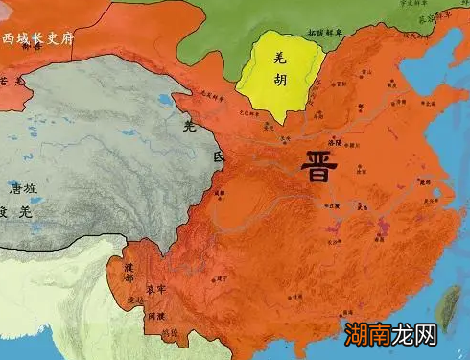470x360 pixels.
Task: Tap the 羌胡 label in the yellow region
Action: click(281, 74)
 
